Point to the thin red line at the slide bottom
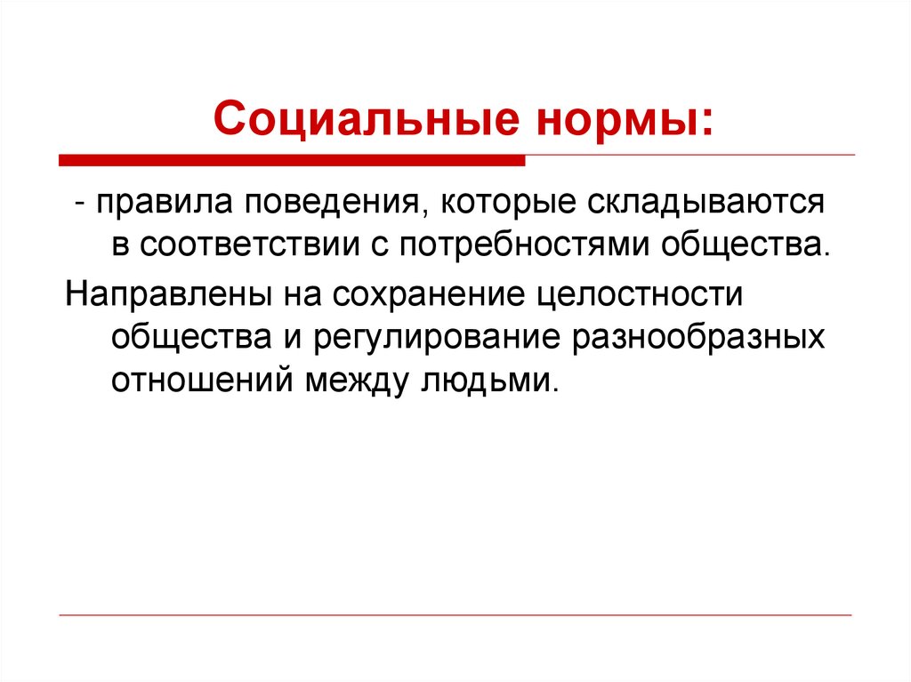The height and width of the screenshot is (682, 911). [455, 614]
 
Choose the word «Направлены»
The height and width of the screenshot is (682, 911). [160, 294]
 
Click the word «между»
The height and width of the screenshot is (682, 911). [353, 381]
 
